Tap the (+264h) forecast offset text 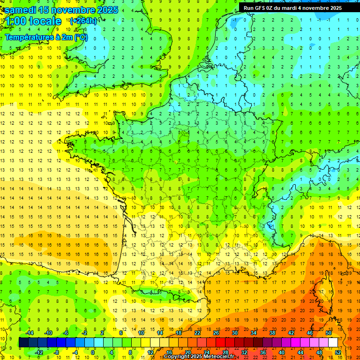click(x=83, y=21)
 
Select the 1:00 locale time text click(x=33, y=21)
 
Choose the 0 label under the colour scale click(x=93, y=352)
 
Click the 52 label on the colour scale click(x=338, y=352)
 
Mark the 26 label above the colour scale click(x=216, y=333)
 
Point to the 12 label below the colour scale click(x=150, y=352)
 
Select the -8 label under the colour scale click(x=57, y=352)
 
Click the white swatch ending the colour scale click(x=333, y=343)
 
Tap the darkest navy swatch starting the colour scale click(x=23, y=343)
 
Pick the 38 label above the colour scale click(x=272, y=333)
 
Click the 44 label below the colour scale click(x=300, y=352)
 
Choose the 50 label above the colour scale click(x=328, y=333)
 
